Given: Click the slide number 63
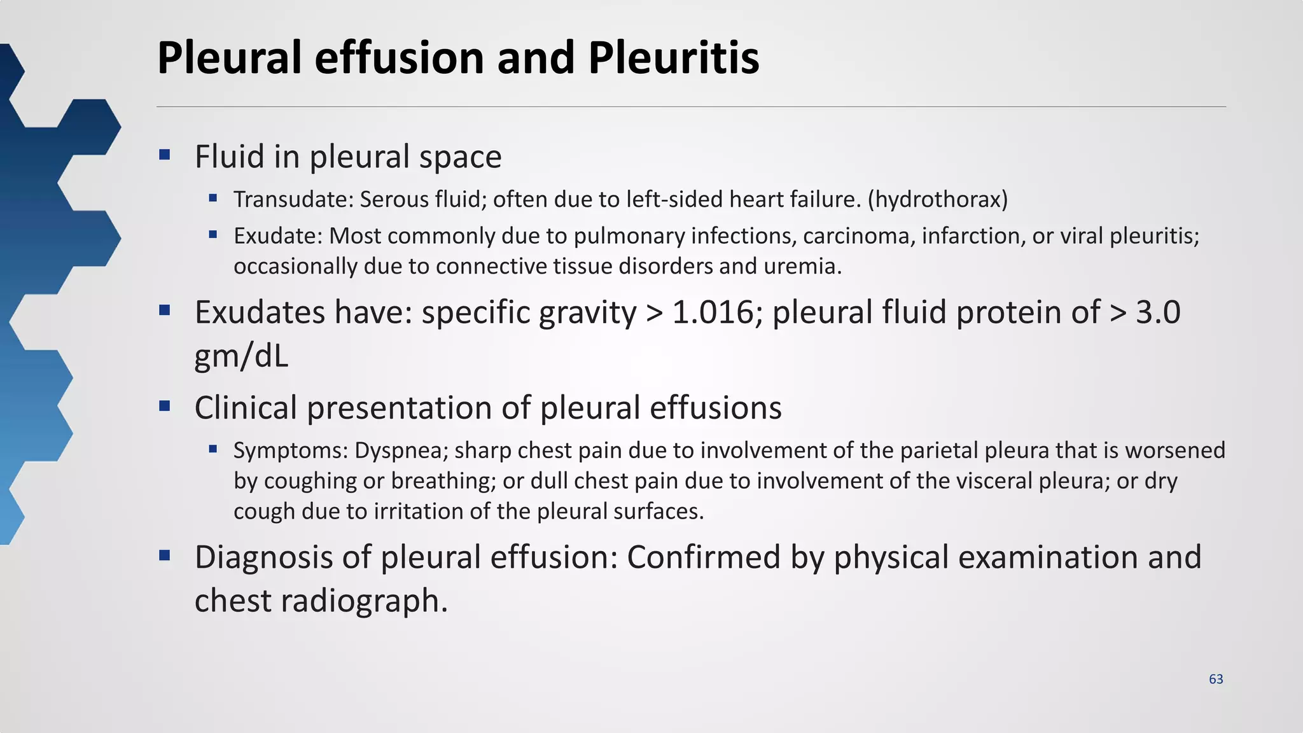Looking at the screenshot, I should pyautogui.click(x=1216, y=680).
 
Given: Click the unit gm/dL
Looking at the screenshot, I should pyautogui.click(x=241, y=356).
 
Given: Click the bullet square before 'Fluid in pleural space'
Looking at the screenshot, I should pyautogui.click(x=165, y=154).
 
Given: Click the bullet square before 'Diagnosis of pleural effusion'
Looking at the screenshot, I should pyautogui.click(x=165, y=555).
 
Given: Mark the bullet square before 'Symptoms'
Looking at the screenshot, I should pyautogui.click(x=213, y=449).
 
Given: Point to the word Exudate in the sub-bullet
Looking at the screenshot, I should pyautogui.click(x=278, y=236).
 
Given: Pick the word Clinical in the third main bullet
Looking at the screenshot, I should pyautogui.click(x=246, y=408).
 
